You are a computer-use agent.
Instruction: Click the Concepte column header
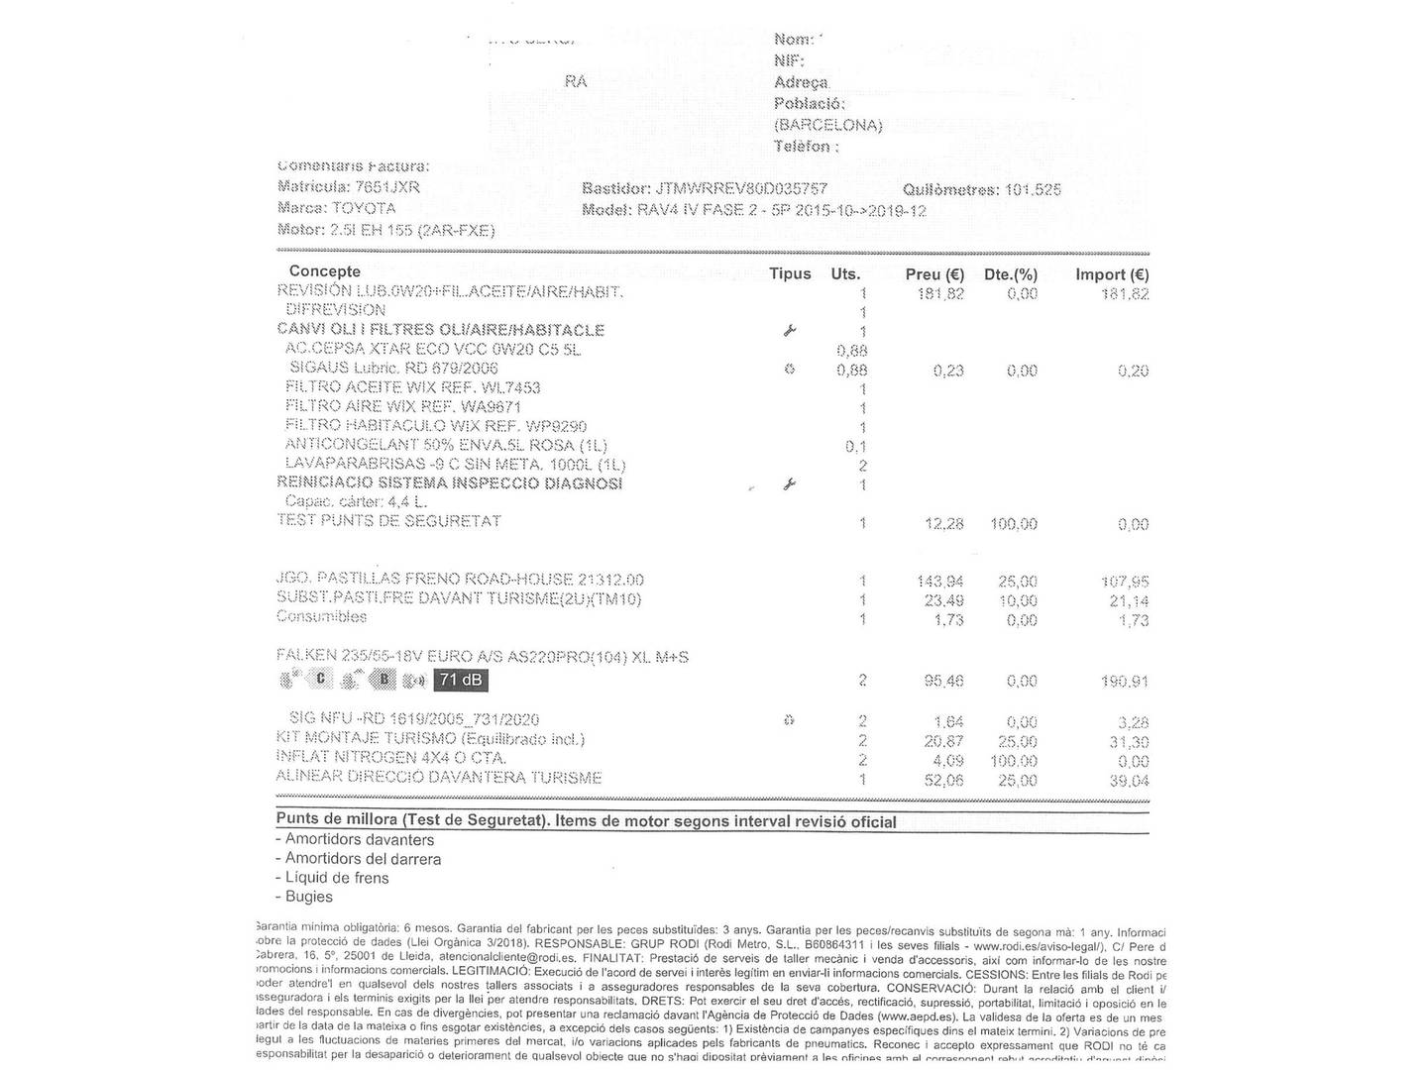pyautogui.click(x=325, y=271)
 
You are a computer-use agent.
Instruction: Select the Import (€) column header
pyautogui.click(x=1112, y=274)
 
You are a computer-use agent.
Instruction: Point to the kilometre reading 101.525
pyautogui.click(x=1033, y=189)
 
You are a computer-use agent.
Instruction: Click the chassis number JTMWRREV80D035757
pyautogui.click(x=741, y=188)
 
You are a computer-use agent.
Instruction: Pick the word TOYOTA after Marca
pyautogui.click(x=364, y=208)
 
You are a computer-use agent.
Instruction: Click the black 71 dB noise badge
pyautogui.click(x=461, y=680)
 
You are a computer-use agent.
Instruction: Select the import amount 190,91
pyautogui.click(x=1126, y=682)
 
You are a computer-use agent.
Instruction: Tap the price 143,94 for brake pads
pyautogui.click(x=940, y=582)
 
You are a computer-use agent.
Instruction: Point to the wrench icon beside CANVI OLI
pyautogui.click(x=790, y=331)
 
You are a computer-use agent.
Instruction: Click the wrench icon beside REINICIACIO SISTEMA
pyautogui.click(x=790, y=484)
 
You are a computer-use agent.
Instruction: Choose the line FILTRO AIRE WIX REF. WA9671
pyautogui.click(x=403, y=406)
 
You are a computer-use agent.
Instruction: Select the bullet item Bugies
pyautogui.click(x=308, y=897)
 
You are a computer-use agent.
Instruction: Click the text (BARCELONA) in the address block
pyautogui.click(x=827, y=125)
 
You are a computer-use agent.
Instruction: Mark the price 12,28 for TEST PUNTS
pyautogui.click(x=943, y=524)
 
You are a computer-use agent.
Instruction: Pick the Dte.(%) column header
pyautogui.click(x=1010, y=274)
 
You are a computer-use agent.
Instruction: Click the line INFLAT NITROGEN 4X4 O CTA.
pyautogui.click(x=391, y=758)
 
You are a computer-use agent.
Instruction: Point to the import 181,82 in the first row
pyautogui.click(x=1125, y=294)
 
